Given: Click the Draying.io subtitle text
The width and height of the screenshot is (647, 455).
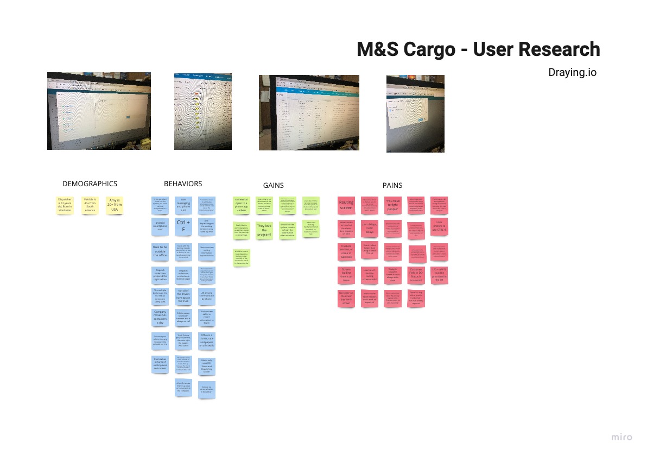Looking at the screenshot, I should coord(572,72).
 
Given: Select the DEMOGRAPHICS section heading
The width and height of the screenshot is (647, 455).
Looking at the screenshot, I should coord(90,184).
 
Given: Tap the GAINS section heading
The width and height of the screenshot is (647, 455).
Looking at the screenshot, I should coord(274,185).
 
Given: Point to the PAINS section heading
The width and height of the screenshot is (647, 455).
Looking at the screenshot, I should coord(392,185).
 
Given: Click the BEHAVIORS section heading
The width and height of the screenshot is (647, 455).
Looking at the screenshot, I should coord(183,184).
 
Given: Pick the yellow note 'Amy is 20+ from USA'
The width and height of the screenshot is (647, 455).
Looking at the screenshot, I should coord(115,205).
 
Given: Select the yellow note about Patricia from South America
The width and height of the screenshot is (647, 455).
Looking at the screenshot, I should coord(90,205).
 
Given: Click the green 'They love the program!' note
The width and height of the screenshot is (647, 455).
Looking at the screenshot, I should coord(264,230).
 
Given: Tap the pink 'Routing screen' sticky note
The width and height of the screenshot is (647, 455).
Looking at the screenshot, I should coord(346,206).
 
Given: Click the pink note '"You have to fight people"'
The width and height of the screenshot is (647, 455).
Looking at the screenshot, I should coord(392,206).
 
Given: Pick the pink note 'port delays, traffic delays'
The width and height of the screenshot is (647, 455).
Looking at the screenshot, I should coord(369,228).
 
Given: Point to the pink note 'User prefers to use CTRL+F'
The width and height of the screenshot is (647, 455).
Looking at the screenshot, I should coord(440,228).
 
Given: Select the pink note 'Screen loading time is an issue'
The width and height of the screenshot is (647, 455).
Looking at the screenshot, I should coord(346,274).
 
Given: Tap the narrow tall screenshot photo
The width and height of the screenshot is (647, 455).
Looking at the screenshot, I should coord(202,111).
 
